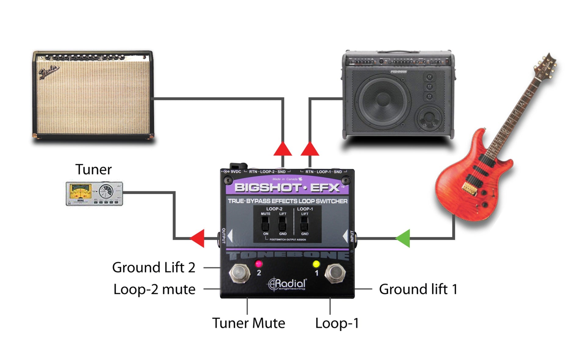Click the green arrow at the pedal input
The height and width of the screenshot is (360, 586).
coord(403,238)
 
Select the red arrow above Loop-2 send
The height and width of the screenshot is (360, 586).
coord(283,149)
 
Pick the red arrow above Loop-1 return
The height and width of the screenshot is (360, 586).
coord(310,149)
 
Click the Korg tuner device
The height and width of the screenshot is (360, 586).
coord(94,194)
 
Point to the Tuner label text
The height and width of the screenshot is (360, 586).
coord(93,170)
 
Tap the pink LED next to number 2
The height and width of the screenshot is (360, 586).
coord(259,263)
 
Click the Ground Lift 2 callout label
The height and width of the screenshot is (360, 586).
coord(154,268)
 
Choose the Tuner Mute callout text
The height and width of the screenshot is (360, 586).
coord(248,323)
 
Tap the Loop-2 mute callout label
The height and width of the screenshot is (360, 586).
coord(154,289)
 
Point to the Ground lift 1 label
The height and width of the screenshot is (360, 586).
coord(418,289)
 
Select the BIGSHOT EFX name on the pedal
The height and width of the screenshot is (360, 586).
coord(287,187)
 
